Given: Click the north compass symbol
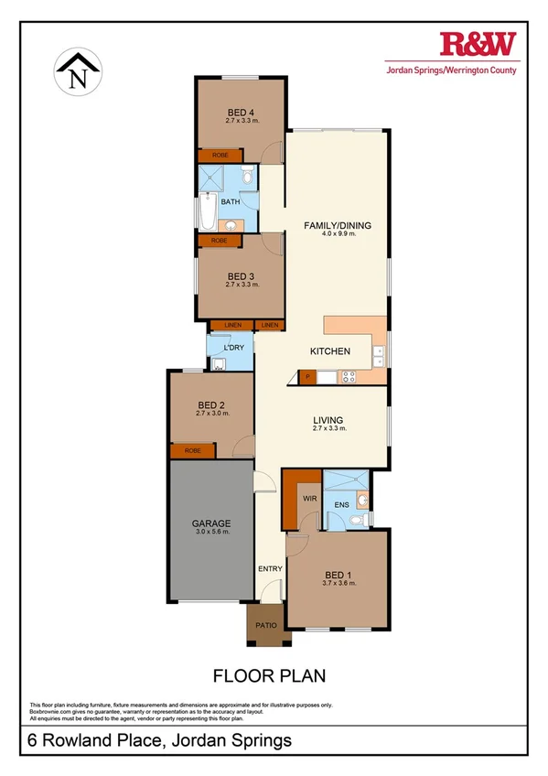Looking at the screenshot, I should [78, 72].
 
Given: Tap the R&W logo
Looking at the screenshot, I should [478, 42].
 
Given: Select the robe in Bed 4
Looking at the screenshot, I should [220, 156].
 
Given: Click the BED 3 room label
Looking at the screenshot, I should [242, 276].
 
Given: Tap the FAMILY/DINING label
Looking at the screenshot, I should [338, 225].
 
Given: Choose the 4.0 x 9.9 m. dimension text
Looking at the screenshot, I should [338, 234].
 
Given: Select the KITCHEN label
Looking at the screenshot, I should [330, 351].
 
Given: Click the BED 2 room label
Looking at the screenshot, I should [211, 404].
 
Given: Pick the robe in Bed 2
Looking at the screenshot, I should [192, 451].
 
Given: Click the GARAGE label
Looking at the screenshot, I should [210, 523].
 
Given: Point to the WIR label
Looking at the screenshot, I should [308, 498].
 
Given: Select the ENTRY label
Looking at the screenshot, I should [270, 569].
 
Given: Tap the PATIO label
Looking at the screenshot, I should [267, 625].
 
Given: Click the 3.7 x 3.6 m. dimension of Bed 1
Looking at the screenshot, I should [338, 583].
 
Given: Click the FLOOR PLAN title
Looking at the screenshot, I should [269, 676].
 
